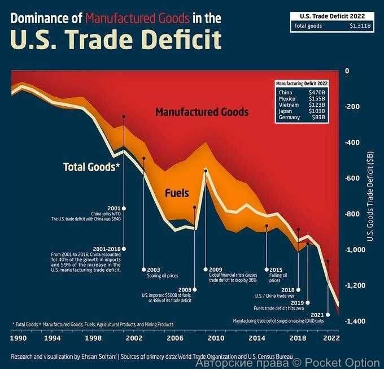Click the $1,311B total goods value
tap(360, 25)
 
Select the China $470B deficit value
tap(316, 92)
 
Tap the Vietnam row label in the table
tap(288, 105)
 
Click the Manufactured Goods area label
tap(202, 112)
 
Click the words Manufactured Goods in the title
tap(137, 18)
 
